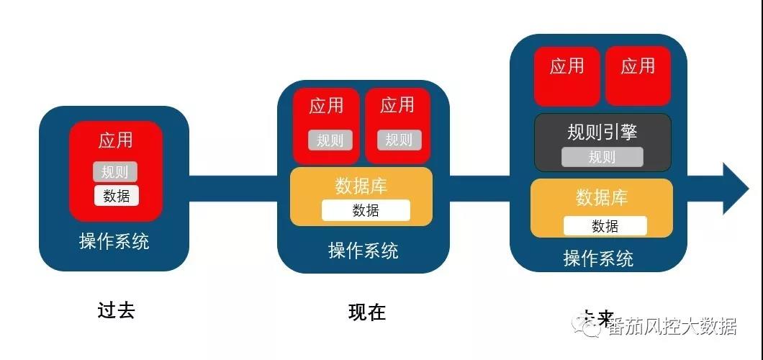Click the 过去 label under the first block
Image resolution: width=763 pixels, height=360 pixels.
[x=116, y=310]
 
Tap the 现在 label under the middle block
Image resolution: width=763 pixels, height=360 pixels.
[x=367, y=312]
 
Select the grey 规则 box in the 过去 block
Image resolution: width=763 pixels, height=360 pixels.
[x=115, y=172]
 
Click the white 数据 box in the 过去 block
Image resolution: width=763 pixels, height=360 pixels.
[x=116, y=196]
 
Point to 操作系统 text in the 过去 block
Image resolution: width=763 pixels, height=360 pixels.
[x=114, y=241]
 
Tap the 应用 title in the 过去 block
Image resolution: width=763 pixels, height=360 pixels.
[x=116, y=140]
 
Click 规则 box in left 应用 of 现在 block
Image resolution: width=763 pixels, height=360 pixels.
[x=330, y=140]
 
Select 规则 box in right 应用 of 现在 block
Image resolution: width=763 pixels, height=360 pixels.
[x=398, y=140]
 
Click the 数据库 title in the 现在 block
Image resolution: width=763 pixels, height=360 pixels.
[x=361, y=186]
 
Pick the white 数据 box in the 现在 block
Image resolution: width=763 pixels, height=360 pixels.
[x=366, y=210]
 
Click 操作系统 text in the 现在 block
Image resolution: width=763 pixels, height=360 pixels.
[x=363, y=251]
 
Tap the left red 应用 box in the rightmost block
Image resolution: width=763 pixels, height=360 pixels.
[x=566, y=76]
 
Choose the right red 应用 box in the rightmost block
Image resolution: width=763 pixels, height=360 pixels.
[x=638, y=76]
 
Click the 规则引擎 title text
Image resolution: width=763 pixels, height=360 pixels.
[x=602, y=132]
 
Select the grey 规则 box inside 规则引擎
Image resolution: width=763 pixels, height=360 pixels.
[x=602, y=157]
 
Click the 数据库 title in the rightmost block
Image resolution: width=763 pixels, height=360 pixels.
[x=602, y=197]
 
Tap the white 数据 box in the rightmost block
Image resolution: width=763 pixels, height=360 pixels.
[x=605, y=226]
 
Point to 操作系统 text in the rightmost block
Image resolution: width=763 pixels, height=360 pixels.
[x=598, y=258]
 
